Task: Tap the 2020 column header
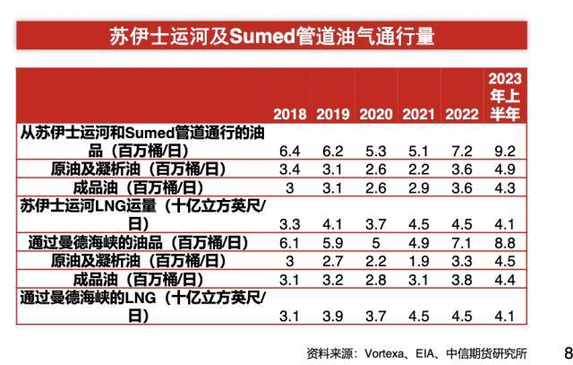tap(375, 115)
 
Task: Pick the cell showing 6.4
tap(289, 151)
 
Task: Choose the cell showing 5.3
tap(375, 151)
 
